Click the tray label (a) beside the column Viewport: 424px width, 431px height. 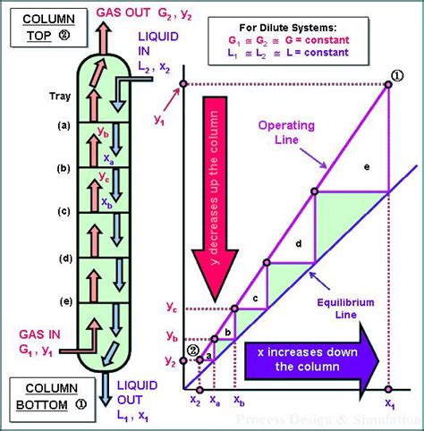point(63,125)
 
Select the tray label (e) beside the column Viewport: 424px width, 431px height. point(63,300)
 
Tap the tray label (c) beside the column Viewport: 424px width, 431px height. point(63,211)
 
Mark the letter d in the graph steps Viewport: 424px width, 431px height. point(298,243)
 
